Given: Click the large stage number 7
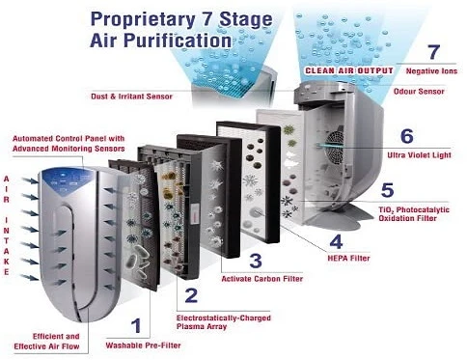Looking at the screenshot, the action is pos(433,51).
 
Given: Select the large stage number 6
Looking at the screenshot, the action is pos(407,136).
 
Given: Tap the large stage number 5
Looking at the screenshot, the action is pos(387,190).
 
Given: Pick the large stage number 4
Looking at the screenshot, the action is pos(336,241).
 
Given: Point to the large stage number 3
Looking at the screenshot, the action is pos(256,261).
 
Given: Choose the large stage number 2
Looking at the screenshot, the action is pos(191,295).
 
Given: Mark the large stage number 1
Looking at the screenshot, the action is pos(137,325).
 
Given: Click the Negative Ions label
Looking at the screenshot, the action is pos(431,71).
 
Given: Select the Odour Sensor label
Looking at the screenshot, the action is pos(419,92).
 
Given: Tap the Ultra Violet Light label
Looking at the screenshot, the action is pos(419,155).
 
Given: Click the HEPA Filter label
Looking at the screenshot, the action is pos(348,258).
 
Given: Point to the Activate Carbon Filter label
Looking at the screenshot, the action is pos(262,279).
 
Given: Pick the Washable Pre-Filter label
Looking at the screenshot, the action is pos(143,346).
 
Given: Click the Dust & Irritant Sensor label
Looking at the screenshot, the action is pos(131,97).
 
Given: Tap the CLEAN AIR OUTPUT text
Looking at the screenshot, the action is pos(349,70).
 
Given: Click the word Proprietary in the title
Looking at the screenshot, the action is pos(143,20).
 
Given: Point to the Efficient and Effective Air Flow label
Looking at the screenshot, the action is pos(46,342).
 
